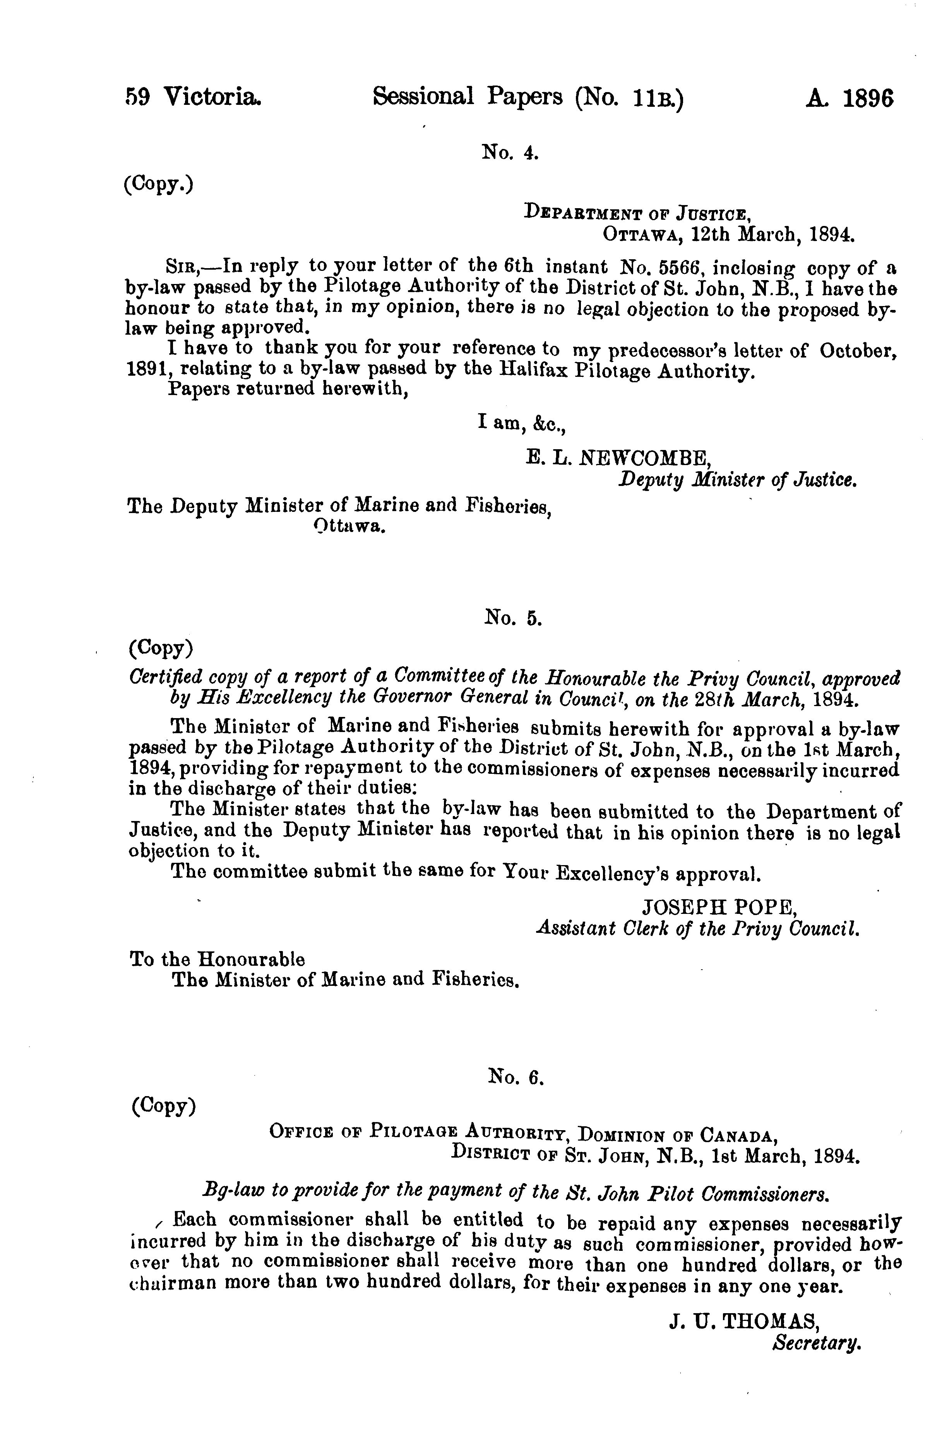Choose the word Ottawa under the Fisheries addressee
pyautogui.click(x=349, y=525)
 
